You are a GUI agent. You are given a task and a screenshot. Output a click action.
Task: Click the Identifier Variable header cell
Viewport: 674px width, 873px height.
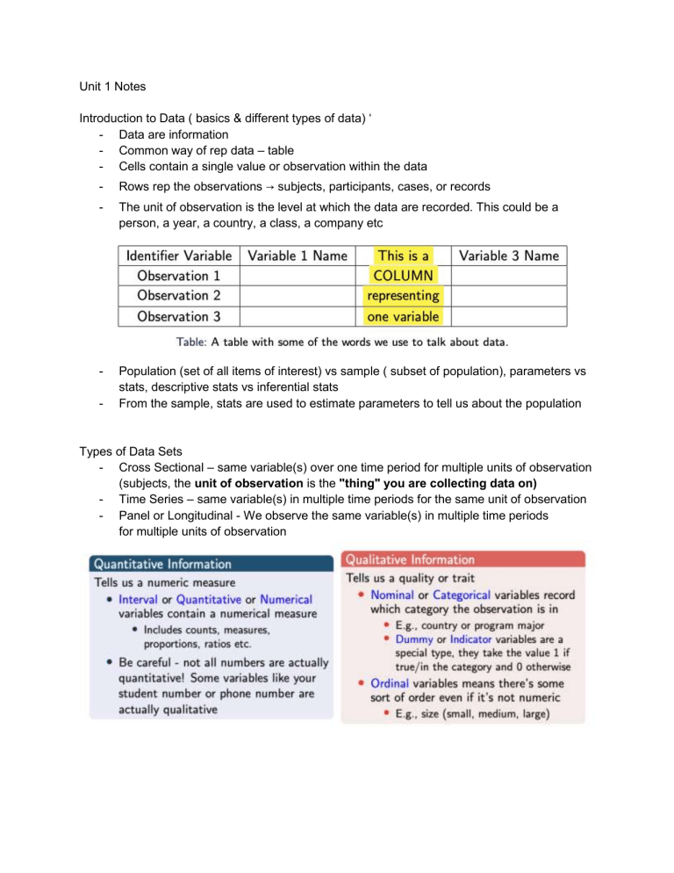tap(178, 256)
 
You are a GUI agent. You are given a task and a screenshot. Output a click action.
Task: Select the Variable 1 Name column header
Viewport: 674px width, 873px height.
tap(298, 256)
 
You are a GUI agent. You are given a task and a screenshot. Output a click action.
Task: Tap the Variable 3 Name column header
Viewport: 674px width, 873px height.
tap(509, 256)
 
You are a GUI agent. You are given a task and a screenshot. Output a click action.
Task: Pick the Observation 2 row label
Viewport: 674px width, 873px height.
tap(178, 296)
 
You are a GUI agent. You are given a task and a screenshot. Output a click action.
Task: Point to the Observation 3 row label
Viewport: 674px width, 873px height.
tap(178, 316)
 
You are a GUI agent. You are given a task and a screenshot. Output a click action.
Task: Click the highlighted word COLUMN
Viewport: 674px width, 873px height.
tap(404, 276)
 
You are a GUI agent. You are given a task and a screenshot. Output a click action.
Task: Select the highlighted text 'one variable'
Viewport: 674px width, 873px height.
tap(404, 316)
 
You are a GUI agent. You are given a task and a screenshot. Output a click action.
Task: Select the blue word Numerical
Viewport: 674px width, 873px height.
tap(286, 599)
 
